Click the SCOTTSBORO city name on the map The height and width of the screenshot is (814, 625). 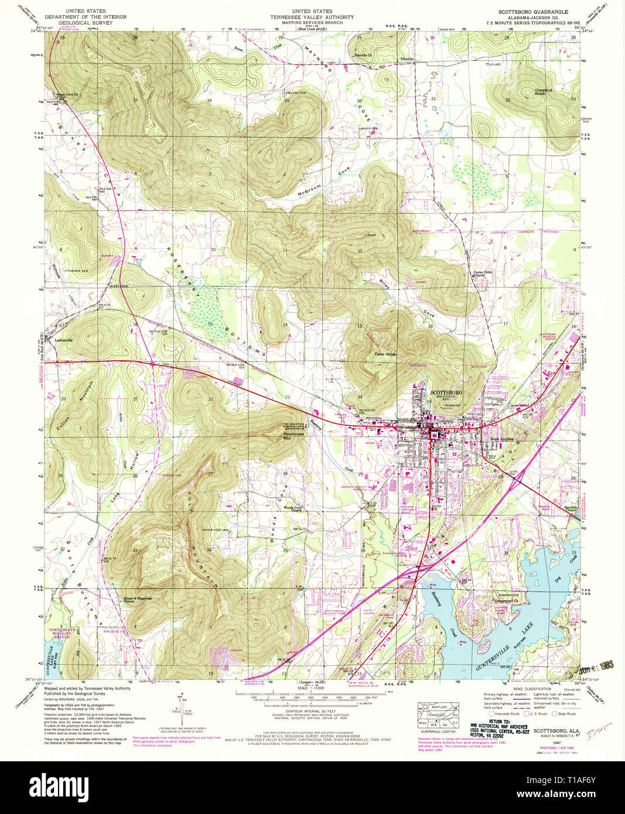point(446,392)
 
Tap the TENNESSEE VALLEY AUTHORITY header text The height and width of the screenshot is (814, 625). point(312,18)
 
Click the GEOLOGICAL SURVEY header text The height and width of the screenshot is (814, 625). point(95,23)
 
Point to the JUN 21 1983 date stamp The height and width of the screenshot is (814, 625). point(590,665)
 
